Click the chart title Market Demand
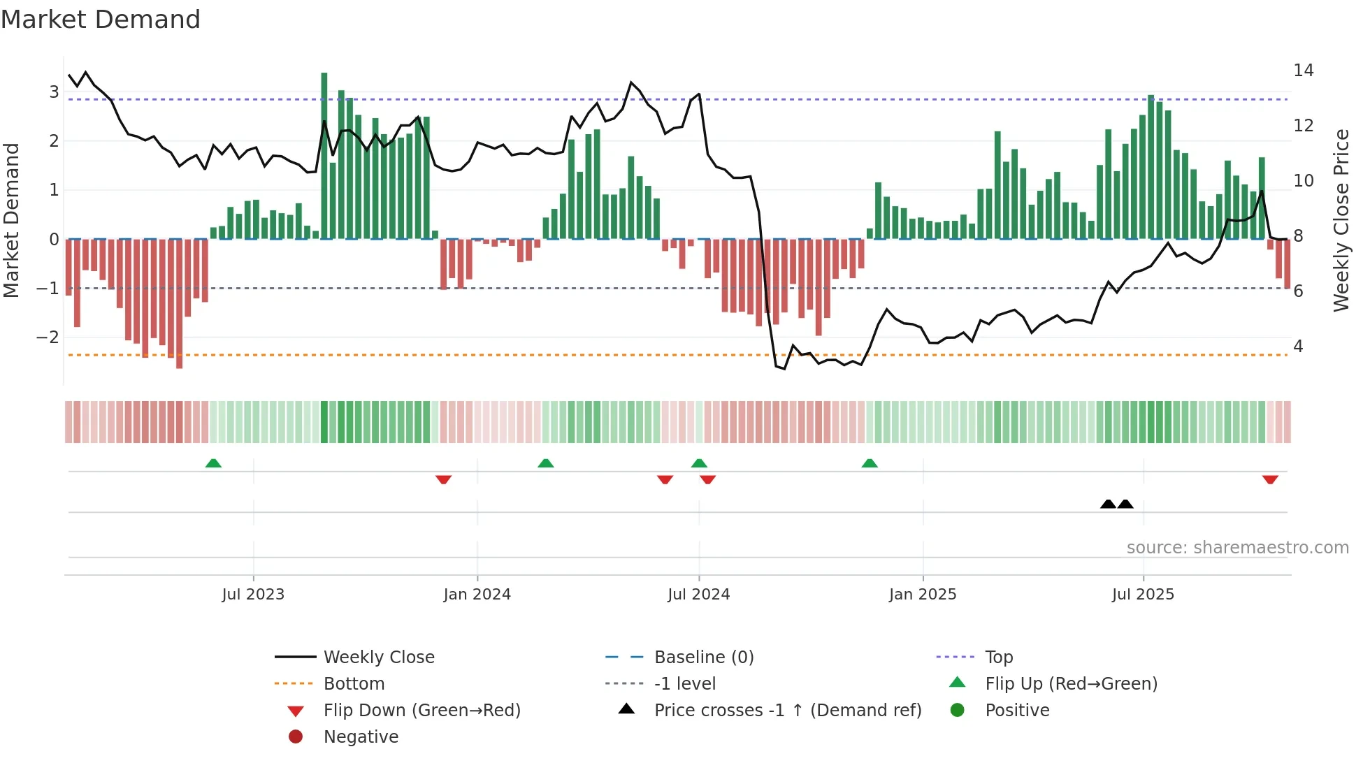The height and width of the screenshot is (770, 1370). (101, 20)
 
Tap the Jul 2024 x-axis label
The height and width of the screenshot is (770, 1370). (698, 595)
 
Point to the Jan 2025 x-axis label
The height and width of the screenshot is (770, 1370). (923, 595)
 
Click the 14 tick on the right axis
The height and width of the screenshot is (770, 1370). (1303, 71)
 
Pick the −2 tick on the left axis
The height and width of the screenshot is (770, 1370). (48, 337)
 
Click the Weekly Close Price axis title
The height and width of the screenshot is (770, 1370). (1341, 220)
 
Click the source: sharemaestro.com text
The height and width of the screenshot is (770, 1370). (1237, 548)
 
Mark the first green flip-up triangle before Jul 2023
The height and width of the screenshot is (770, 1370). (214, 463)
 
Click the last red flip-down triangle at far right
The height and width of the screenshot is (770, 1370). (1270, 479)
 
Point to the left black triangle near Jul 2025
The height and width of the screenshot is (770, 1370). (1108, 504)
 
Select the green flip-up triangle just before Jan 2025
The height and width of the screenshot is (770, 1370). (870, 463)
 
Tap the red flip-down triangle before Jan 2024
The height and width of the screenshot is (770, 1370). (443, 479)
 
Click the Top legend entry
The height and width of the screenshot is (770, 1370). (998, 658)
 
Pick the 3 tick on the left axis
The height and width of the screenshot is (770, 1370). (53, 92)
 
